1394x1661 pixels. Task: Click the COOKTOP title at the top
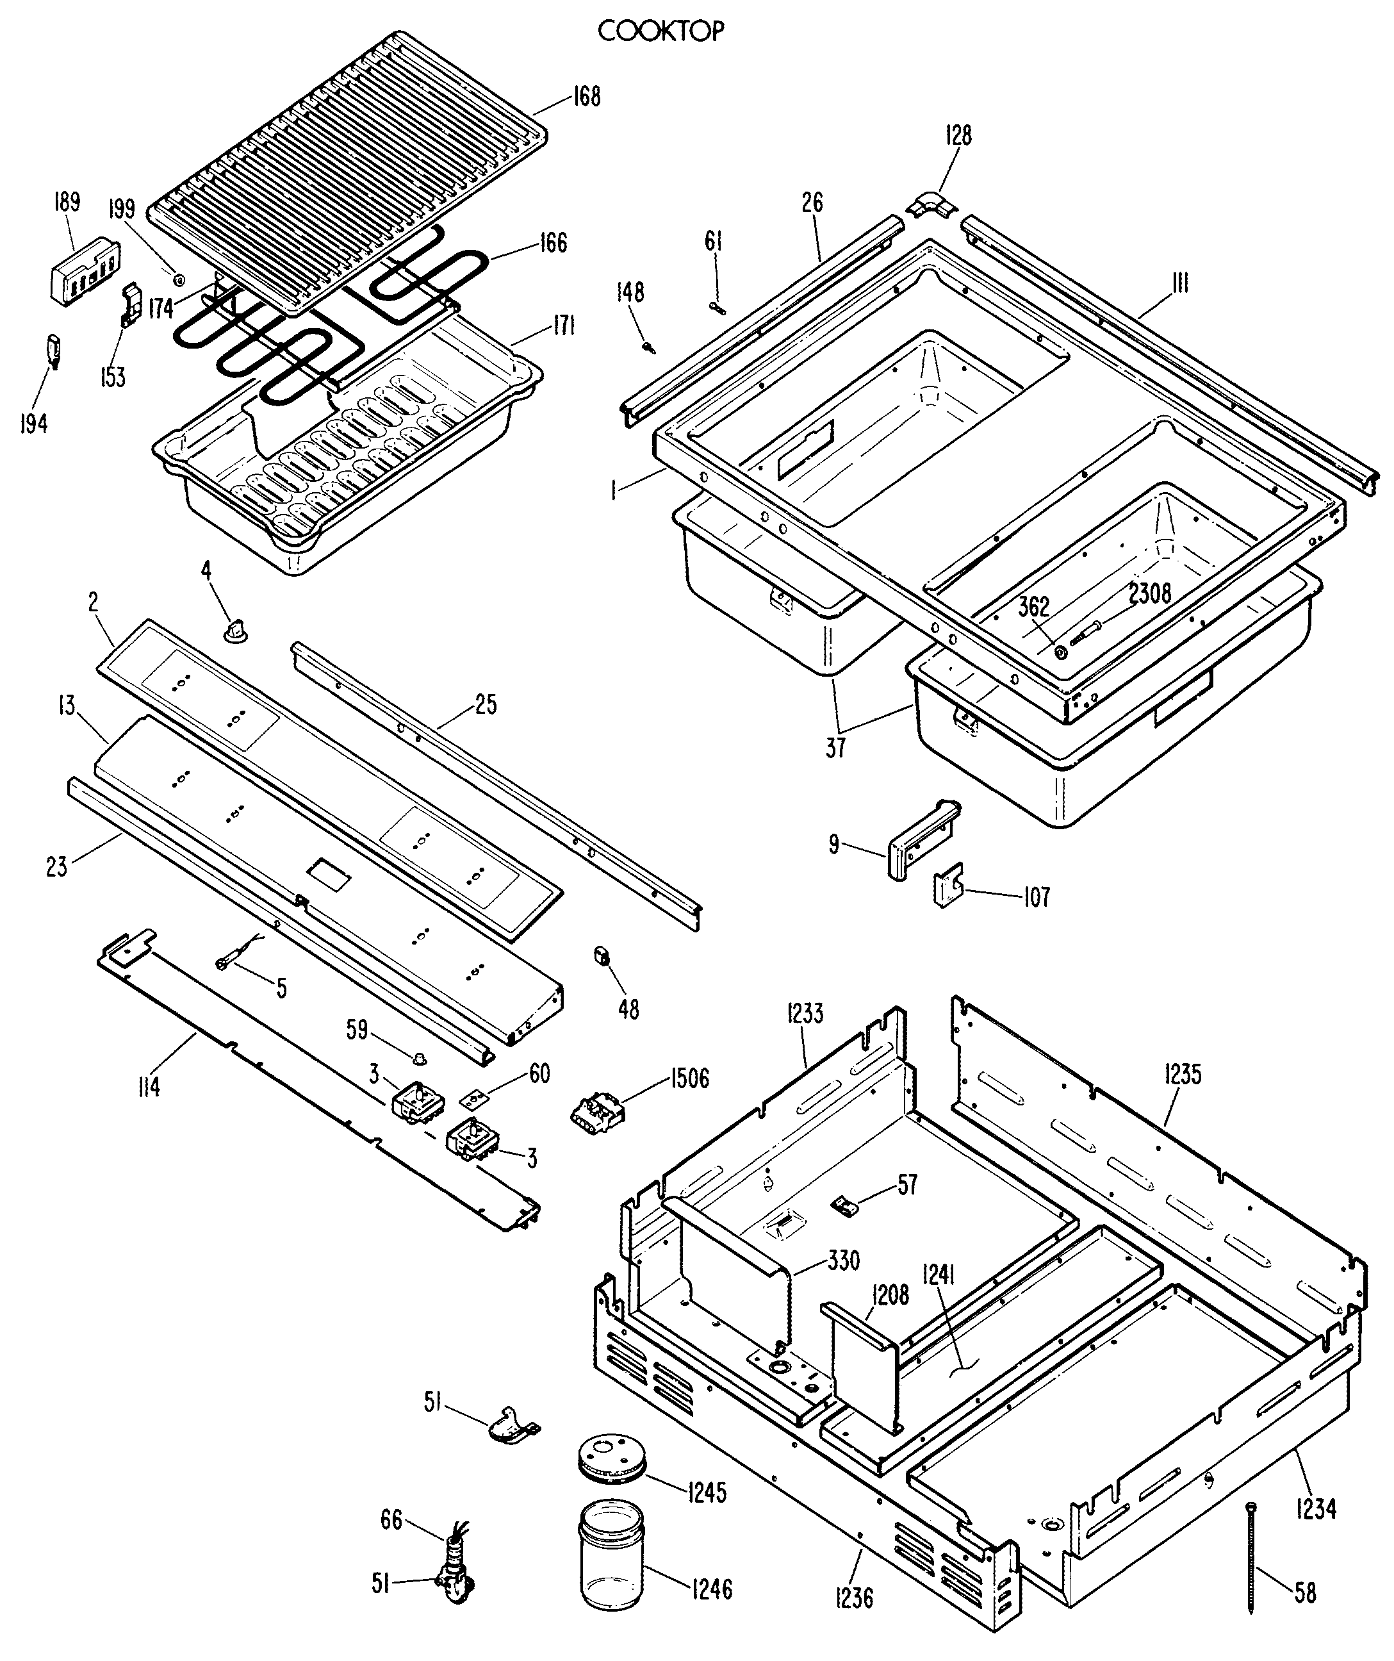(x=660, y=31)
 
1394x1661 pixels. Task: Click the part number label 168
(x=586, y=97)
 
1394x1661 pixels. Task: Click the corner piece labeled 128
(x=932, y=206)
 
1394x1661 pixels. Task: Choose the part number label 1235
(x=1182, y=1074)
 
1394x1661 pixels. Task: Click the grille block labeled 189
(x=85, y=267)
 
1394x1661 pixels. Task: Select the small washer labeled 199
(x=179, y=279)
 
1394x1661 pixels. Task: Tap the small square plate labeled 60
(x=475, y=1098)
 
